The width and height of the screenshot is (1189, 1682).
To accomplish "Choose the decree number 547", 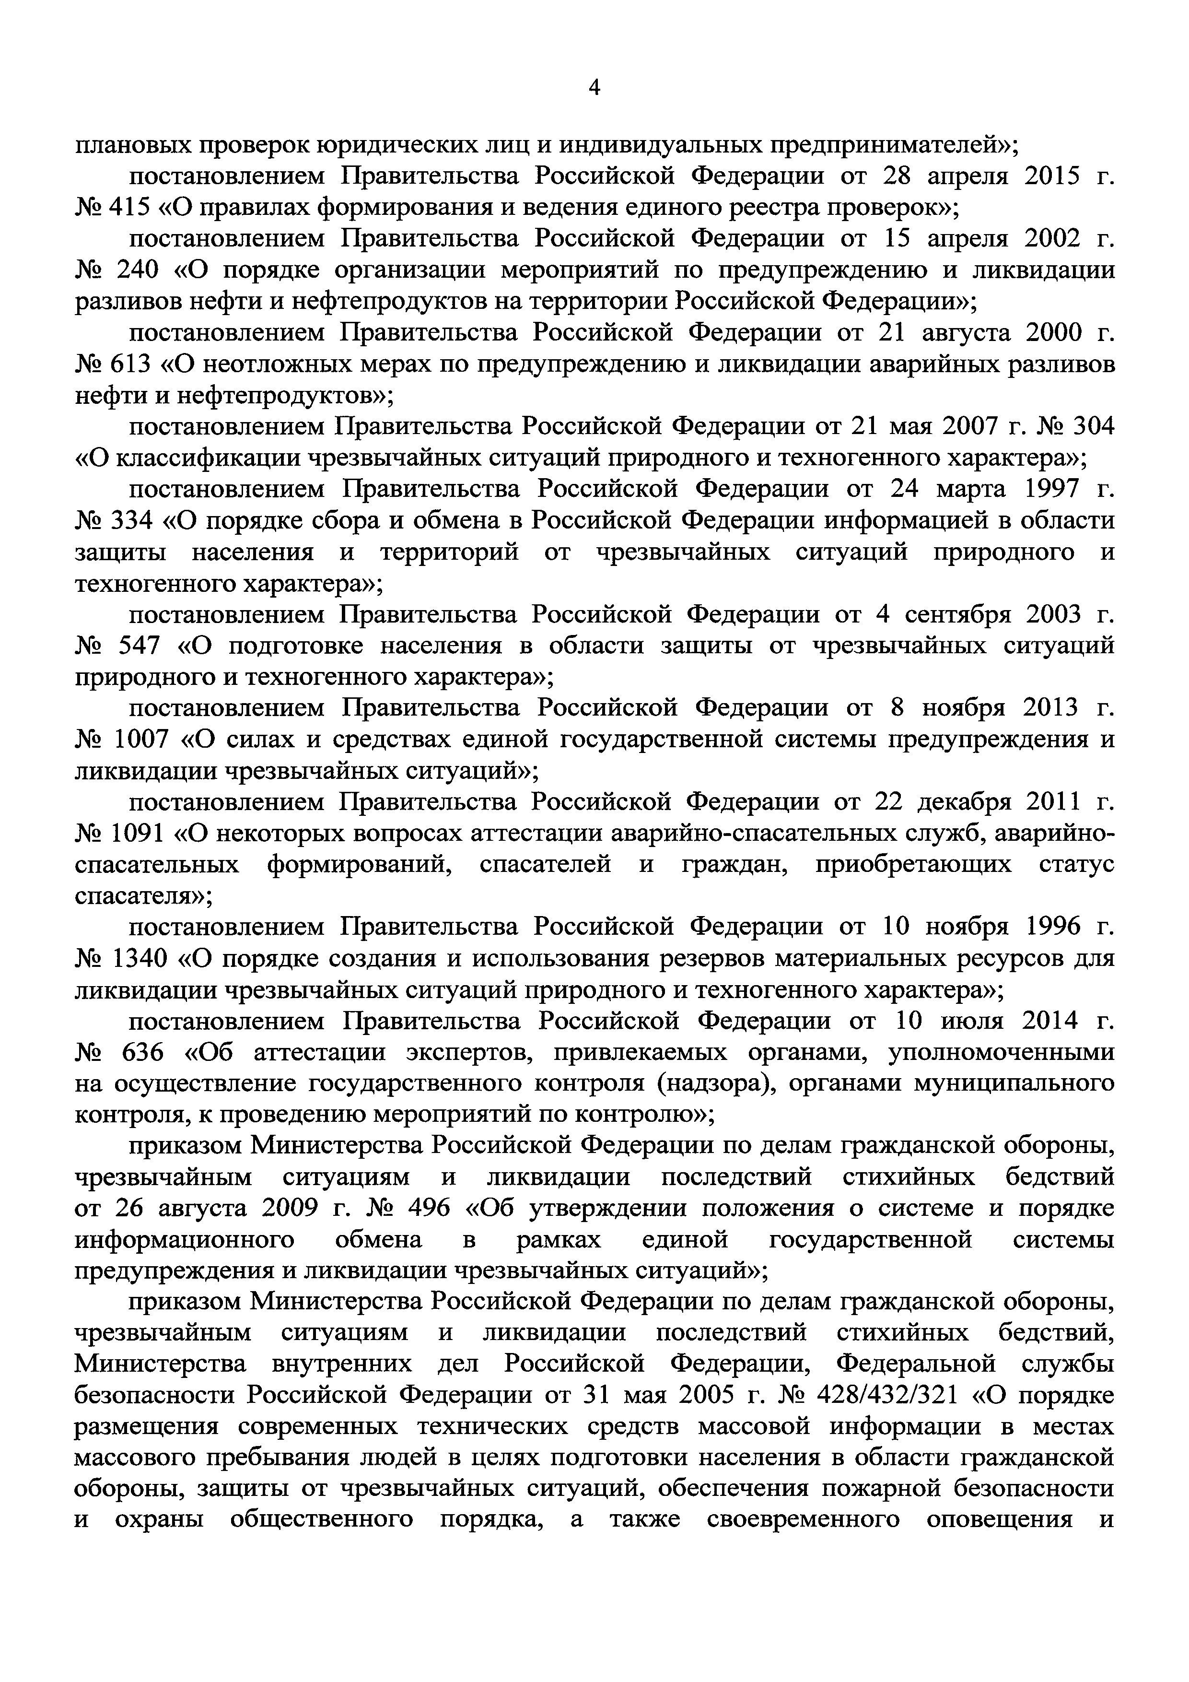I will (138, 646).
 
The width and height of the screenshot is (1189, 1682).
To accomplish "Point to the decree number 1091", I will (142, 834).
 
